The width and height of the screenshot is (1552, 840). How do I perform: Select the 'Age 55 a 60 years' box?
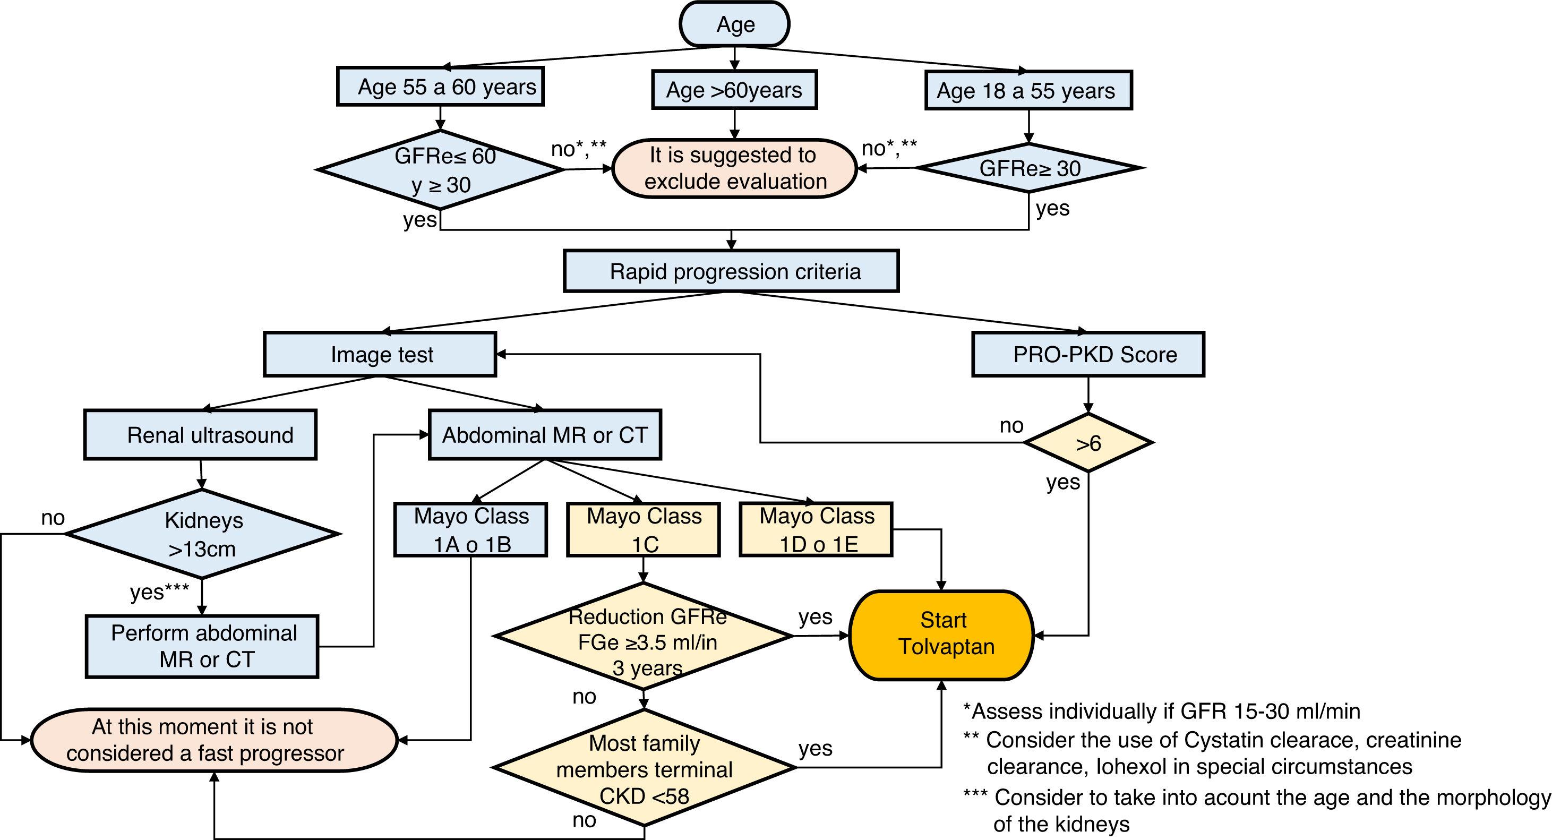click(440, 87)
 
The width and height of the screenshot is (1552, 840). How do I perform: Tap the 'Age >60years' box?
click(734, 90)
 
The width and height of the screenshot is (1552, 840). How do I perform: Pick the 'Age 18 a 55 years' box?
click(1028, 90)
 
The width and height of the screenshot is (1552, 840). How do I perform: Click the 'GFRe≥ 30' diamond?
click(1030, 168)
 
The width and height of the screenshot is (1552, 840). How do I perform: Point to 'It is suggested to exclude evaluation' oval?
click(734, 169)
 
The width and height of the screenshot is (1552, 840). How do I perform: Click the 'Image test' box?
click(380, 354)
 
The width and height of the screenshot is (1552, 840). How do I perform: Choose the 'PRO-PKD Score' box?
click(1088, 354)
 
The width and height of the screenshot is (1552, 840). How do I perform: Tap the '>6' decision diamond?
click(1088, 443)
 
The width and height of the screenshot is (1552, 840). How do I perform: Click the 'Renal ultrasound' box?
click(201, 435)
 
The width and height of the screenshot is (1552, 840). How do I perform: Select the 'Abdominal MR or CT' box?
click(545, 435)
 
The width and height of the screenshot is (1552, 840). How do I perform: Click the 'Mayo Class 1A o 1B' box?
click(470, 530)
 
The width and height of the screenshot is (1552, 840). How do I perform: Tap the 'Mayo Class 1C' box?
click(644, 530)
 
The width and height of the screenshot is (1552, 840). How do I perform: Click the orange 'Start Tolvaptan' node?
click(942, 635)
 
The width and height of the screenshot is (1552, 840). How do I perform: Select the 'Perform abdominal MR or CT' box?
click(202, 647)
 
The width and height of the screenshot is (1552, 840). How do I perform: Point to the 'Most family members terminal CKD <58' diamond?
click(644, 768)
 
